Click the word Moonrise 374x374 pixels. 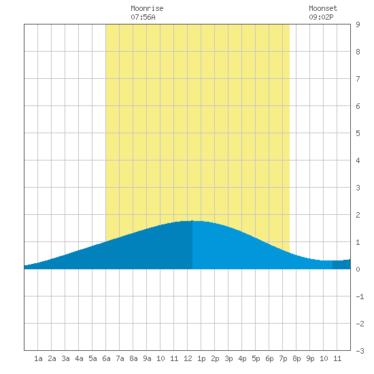pos(147,8)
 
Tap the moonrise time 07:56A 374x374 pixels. pos(143,17)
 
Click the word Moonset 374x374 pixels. pos(323,8)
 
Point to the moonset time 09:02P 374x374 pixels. pos(321,17)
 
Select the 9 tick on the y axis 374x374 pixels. pos(358,24)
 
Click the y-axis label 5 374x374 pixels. pos(358,133)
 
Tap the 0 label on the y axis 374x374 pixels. pos(358,269)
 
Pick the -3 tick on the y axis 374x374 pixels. pos(360,351)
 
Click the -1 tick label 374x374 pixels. pos(360,296)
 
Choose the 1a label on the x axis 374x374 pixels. pos(38,358)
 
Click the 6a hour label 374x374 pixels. pos(106,358)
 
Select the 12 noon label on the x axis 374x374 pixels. pos(188,358)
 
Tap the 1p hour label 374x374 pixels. pos(201,358)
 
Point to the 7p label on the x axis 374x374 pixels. pos(283,358)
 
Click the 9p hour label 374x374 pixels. pos(310,358)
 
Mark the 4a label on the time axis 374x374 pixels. pos(79,358)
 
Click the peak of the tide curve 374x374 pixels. pos(192,221)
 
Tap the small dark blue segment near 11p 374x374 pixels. pos(341,265)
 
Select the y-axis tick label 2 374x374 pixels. pos(358,215)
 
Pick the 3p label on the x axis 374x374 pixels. pos(228,358)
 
